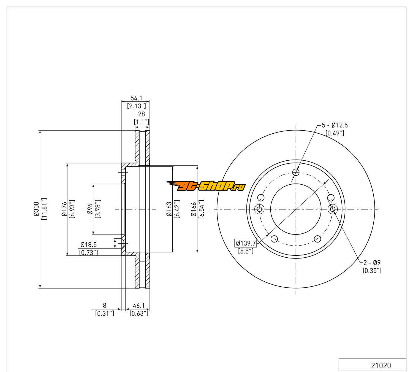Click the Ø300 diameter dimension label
click(36, 210)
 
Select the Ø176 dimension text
click(64, 209)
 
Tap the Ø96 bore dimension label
click(90, 209)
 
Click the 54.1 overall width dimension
click(136, 98)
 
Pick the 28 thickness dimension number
click(142, 114)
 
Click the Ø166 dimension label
click(194, 209)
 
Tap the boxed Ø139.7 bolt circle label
click(246, 243)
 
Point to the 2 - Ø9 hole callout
click(372, 263)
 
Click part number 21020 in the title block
click(381, 365)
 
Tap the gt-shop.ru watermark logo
click(206, 187)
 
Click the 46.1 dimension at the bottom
click(139, 305)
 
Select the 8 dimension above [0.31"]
click(104, 305)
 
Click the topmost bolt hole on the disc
click(296, 172)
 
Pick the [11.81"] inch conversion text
click(44, 209)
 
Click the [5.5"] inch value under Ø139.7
click(246, 251)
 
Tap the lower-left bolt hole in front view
click(274, 239)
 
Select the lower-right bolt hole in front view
click(317, 239)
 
